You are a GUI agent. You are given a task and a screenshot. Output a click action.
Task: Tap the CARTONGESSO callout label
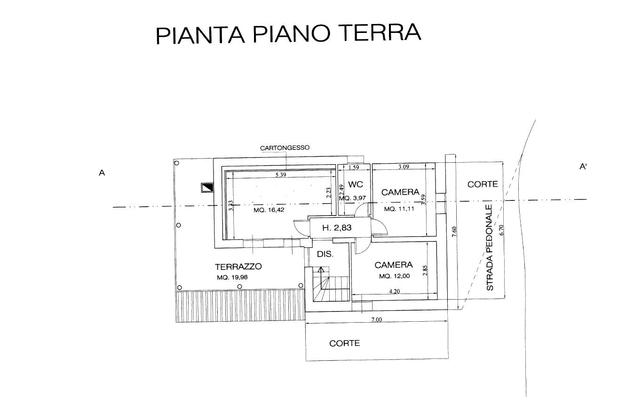tap(285, 148)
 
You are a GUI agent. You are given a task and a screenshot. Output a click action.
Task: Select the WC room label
tap(356, 184)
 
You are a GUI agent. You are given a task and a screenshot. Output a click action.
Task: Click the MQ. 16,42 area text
tap(269, 210)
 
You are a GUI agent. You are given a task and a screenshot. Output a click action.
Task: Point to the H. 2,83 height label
tap(337, 228)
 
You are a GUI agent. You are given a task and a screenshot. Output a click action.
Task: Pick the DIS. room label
tap(325, 254)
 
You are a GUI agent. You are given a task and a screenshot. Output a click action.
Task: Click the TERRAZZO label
tap(238, 267)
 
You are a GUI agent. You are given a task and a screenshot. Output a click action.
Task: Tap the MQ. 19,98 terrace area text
tap(232, 278)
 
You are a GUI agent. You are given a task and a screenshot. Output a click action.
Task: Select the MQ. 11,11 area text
tap(399, 209)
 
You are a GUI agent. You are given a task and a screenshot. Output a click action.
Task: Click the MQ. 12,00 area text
tap(394, 276)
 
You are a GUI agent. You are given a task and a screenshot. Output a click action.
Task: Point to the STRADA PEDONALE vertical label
tap(490, 247)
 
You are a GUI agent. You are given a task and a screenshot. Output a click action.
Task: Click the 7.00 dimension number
tap(377, 319)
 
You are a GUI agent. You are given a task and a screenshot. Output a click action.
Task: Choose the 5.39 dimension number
tap(281, 175)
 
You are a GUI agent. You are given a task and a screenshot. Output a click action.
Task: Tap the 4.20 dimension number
tap(394, 291)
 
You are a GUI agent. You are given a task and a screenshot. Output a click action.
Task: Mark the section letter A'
tap(583, 167)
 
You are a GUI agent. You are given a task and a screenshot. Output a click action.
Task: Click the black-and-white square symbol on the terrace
tap(207, 188)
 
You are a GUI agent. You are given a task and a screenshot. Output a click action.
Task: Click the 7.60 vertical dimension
tap(454, 231)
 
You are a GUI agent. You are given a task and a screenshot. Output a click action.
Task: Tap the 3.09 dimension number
tap(404, 167)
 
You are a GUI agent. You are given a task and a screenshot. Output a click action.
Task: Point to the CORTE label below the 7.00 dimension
tap(344, 343)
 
